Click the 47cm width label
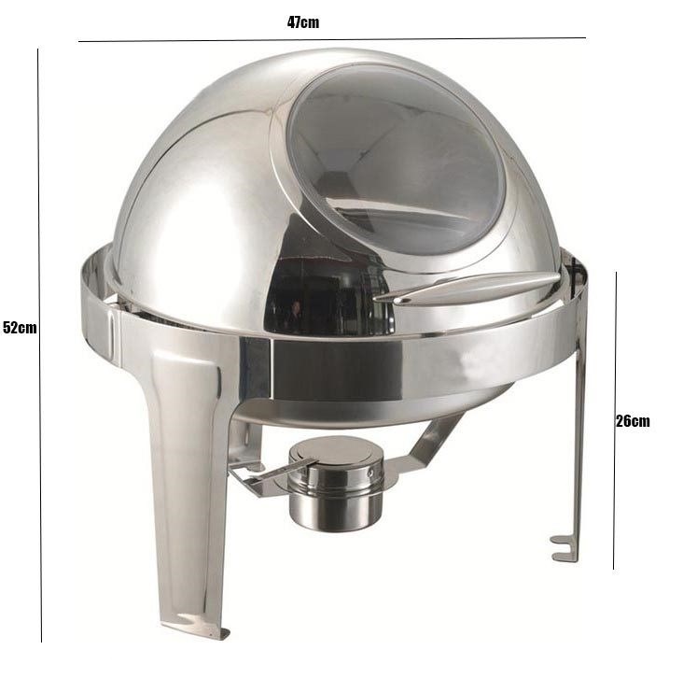tap(303, 22)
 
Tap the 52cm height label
tap(20, 327)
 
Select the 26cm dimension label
tap(633, 421)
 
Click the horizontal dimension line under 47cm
tap(332, 39)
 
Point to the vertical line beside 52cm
tap(39, 345)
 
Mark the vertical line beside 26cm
tap(615, 420)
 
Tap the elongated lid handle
tap(467, 288)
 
